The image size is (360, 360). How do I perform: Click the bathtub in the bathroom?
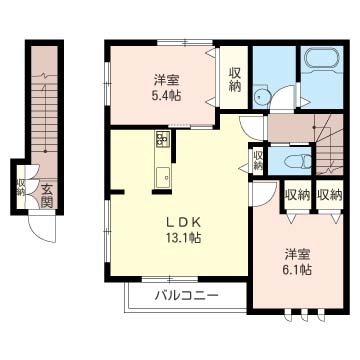[x=322, y=59]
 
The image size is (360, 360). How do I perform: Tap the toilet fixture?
[x=298, y=162]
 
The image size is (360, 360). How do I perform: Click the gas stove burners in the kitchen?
[x=162, y=139]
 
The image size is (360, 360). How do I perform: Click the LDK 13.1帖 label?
[x=183, y=229]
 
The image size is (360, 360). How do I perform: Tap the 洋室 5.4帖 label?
[x=167, y=88]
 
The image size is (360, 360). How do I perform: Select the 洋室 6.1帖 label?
[x=298, y=262]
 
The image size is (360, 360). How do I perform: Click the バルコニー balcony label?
[x=187, y=295]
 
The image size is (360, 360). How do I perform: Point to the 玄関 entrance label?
[x=47, y=196]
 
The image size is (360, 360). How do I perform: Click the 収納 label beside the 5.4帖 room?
[x=235, y=79]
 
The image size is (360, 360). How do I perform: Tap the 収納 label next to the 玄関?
[x=21, y=187]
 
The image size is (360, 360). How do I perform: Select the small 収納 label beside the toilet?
[x=258, y=160]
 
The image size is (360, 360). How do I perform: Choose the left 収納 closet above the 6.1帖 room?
[x=297, y=194]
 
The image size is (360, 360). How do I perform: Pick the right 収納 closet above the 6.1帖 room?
[x=330, y=194]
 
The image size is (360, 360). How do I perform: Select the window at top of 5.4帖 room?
[x=185, y=42]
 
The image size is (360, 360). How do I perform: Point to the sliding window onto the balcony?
[x=170, y=279]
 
